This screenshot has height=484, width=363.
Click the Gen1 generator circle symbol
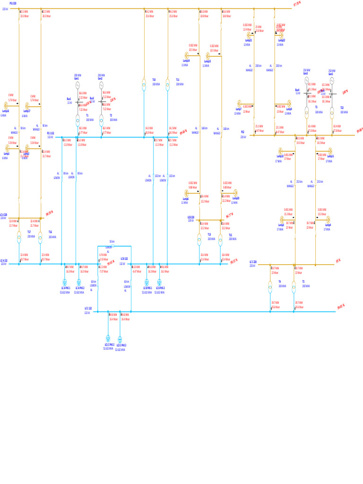pos(78,85)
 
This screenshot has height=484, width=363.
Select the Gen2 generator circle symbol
pos(101,85)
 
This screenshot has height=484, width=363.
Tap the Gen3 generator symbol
pos(306,80)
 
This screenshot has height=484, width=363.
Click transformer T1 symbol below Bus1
pos(78,119)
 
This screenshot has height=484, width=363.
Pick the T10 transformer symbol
pos(144,85)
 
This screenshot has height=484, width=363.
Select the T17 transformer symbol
pos(19,236)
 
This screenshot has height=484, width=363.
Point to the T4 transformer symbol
pos(270,286)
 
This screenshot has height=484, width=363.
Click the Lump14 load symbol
pos(187,55)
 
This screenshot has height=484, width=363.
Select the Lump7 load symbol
pos(240,104)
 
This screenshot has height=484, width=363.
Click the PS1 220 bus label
pos(13,3)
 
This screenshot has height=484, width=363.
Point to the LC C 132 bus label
pos(88,308)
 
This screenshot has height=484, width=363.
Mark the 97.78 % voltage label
pos(297,3)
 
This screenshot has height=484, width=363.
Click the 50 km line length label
pos(112,241)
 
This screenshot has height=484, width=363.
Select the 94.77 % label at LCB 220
pos(230,215)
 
